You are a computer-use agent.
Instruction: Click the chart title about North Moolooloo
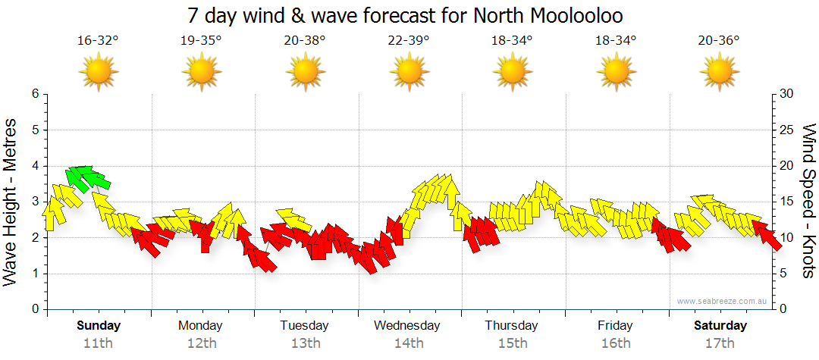click(x=409, y=16)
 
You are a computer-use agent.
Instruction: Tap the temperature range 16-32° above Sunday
click(x=98, y=40)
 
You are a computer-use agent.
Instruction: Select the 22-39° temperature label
click(x=409, y=40)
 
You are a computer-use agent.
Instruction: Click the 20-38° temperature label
click(x=305, y=40)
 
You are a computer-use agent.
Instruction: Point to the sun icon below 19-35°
click(x=202, y=72)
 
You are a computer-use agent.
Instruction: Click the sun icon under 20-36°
click(x=719, y=72)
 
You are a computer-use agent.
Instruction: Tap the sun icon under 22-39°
click(x=409, y=72)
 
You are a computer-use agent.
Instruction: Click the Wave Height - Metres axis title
click(x=11, y=202)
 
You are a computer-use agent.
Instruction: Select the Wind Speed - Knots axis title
click(x=808, y=202)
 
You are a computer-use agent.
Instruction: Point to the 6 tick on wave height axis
click(x=34, y=94)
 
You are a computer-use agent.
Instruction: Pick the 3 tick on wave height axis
click(x=34, y=202)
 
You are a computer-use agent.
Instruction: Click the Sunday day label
click(x=98, y=326)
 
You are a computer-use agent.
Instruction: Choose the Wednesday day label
click(x=407, y=326)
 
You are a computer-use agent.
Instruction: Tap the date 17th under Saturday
click(x=720, y=343)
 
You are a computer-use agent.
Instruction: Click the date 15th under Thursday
click(x=513, y=343)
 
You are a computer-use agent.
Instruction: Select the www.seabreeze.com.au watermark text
click(x=723, y=301)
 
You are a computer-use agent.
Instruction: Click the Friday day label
click(x=615, y=326)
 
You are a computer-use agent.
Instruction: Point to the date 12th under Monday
click(x=201, y=343)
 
